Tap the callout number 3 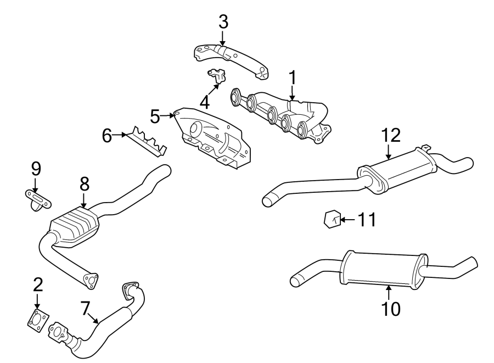coord(223,23)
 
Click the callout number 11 coord(367,221)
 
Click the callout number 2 coord(38,284)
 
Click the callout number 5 coord(155,116)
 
